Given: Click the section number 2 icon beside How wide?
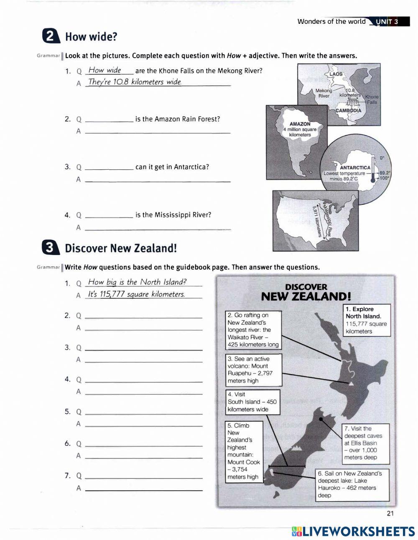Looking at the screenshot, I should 51,36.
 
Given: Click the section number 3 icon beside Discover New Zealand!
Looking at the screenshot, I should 51,248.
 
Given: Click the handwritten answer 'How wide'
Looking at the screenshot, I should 105,70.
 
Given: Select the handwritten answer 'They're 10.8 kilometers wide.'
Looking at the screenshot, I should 135,82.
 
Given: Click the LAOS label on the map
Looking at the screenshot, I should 336,74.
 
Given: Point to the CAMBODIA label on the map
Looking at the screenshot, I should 348,111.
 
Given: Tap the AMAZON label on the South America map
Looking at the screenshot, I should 300,124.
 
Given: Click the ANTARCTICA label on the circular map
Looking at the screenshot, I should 355,168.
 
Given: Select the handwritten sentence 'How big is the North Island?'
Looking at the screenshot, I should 137,282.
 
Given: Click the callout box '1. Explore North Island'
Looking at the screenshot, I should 366,320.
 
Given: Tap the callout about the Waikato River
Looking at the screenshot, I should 253,330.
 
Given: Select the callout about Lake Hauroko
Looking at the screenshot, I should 352,484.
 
